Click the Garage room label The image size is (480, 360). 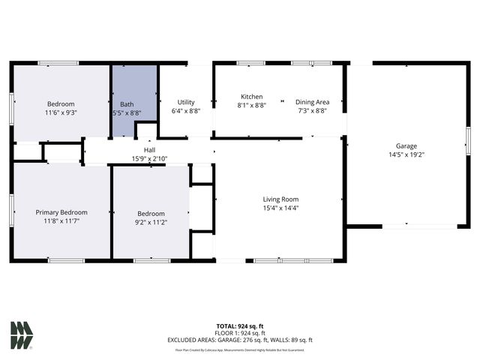406,146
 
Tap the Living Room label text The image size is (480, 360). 280,199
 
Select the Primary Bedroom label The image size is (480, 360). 61,212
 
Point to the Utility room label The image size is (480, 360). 186,102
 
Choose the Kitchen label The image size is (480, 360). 251,97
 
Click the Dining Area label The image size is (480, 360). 310,102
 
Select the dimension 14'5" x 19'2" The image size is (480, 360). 406,155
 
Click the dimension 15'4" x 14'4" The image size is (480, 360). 280,208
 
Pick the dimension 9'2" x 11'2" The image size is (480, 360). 150,222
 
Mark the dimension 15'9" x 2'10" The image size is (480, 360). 149,158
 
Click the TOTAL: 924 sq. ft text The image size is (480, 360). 239,326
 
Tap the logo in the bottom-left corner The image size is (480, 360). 22,335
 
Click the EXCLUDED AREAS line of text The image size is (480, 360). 239,340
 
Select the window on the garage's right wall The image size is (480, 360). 467,142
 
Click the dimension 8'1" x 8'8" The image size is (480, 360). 251,106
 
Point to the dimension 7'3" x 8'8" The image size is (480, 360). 310,111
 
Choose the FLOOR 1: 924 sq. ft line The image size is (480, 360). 239,333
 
